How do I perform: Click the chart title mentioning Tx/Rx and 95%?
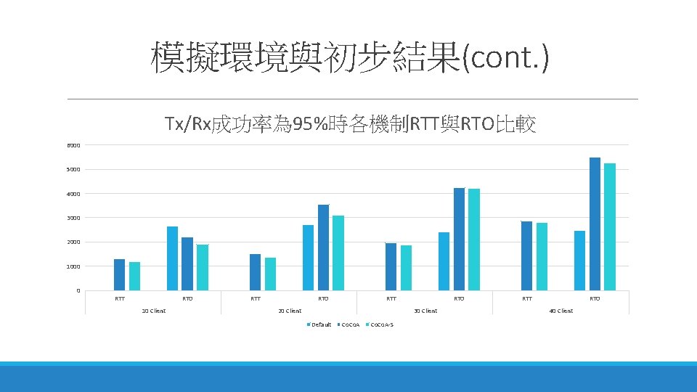click(351, 125)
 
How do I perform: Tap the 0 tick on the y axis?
click(78, 291)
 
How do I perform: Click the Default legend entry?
click(319, 324)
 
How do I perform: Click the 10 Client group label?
click(153, 311)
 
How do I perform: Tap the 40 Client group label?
click(561, 311)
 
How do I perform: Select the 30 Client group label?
click(425, 311)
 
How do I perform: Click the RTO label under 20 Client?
click(323, 298)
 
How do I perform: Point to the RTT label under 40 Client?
click(527, 298)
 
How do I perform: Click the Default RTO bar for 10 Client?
click(172, 258)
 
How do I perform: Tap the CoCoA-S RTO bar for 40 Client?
click(610, 226)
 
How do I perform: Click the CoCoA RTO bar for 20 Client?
click(323, 248)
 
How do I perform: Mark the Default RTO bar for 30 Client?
click(444, 261)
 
